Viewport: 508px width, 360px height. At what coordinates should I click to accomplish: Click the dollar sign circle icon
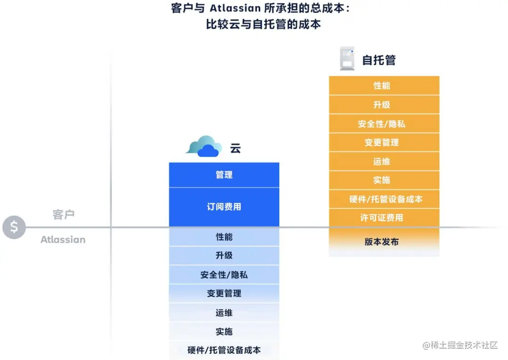(x=14, y=227)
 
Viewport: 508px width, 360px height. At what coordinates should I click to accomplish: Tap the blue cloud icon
(x=204, y=146)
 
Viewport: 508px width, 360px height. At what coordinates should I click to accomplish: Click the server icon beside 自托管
(x=347, y=59)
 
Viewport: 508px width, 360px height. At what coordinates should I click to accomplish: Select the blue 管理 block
(x=224, y=175)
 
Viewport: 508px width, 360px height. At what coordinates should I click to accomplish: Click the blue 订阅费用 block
(x=224, y=207)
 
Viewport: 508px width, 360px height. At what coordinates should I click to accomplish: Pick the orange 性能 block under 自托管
(x=384, y=86)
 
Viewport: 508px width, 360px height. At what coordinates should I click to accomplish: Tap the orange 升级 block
(x=384, y=104)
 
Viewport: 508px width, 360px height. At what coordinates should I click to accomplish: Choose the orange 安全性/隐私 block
(x=384, y=124)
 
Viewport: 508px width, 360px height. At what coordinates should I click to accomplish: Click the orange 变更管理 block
(x=384, y=143)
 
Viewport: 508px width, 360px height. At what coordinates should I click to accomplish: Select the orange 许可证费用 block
(x=384, y=218)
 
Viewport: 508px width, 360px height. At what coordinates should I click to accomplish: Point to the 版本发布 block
(x=384, y=242)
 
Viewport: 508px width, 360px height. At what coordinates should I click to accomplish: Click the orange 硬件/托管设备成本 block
(x=384, y=199)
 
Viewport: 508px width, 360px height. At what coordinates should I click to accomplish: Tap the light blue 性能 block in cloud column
(x=224, y=237)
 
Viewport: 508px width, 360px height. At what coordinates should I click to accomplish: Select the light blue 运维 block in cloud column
(x=224, y=312)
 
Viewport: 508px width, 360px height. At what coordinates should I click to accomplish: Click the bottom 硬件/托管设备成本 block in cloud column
(x=224, y=350)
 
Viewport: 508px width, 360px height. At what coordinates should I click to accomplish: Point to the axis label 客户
(x=63, y=215)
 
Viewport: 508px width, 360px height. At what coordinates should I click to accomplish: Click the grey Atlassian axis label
(x=63, y=240)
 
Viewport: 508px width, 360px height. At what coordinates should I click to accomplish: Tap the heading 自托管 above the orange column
(x=379, y=60)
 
